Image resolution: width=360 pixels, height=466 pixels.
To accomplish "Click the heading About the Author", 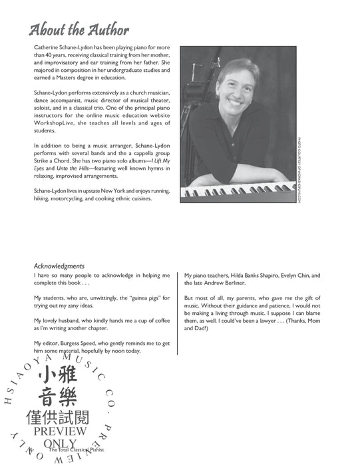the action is [x=79, y=29].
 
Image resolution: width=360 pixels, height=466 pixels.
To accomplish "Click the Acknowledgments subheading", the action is [x=60, y=266].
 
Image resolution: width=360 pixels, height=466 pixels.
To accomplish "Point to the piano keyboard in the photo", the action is [x=239, y=190].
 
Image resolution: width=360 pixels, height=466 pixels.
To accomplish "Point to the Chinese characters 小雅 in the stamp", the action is [x=59, y=374].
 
